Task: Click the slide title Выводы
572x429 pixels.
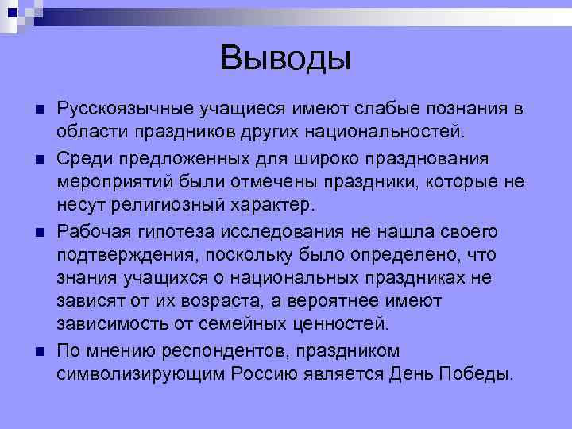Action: click(285, 57)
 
